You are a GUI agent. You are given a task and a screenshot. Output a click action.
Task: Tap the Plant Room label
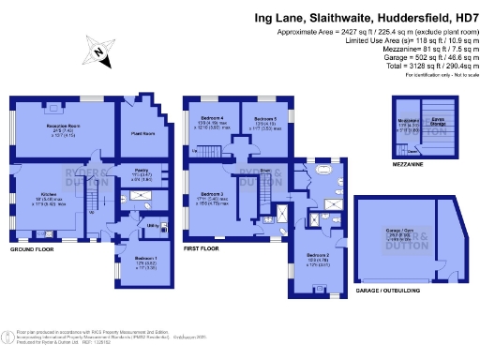pos(142,132)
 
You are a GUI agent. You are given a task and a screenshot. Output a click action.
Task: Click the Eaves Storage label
pos(436,122)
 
